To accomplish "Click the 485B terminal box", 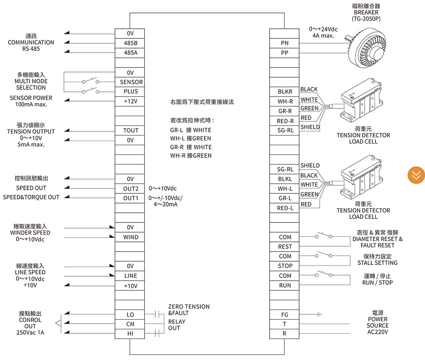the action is pos(130,43).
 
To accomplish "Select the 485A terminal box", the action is pos(130,53).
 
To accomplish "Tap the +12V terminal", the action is pos(130,101).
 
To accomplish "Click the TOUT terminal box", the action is pos(130,130).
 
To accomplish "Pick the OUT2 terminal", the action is pos(130,188).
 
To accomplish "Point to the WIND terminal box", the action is pos(130,237).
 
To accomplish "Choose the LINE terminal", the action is pos(130,276).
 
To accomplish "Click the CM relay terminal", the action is pos(130,324).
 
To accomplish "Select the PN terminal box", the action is pos(284,43).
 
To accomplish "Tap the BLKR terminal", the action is pos(284,91).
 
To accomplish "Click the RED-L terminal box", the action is pos(284,208).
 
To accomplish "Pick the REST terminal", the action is pos(284,247).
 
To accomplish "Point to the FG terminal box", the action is pos(284,314).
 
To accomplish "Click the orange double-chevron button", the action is pos(416,175).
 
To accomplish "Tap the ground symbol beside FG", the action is pos(319,314).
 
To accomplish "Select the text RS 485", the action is pos(31,49).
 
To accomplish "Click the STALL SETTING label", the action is pos(377,263).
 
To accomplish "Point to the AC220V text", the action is pos(378,332).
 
